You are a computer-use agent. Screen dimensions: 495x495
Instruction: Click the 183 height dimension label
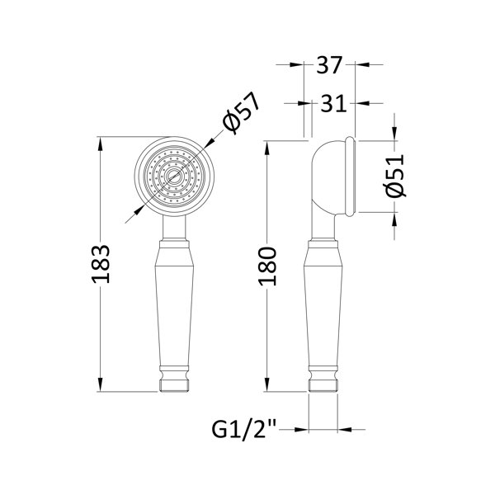click(x=101, y=264)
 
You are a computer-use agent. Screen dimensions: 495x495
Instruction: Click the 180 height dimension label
click(x=267, y=266)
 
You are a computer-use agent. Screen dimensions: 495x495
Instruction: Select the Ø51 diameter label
click(x=396, y=175)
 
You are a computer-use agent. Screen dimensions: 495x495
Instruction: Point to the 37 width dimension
click(x=329, y=65)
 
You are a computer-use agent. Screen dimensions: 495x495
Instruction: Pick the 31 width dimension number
click(x=333, y=103)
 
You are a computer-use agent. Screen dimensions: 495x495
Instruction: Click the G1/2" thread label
click(x=244, y=429)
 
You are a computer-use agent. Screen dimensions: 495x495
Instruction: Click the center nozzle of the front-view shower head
click(x=173, y=176)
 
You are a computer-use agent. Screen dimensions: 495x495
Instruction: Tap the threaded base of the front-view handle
click(x=174, y=385)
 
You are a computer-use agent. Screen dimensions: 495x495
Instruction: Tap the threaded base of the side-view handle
click(x=323, y=385)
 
